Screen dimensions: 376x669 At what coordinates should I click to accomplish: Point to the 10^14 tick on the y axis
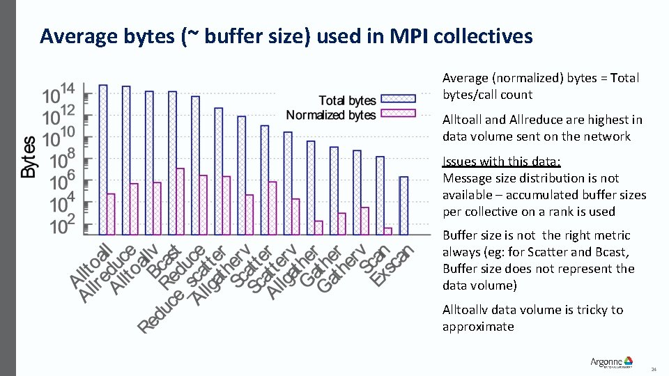pos(59,93)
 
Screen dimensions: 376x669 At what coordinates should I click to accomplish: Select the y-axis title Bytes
pos(29,157)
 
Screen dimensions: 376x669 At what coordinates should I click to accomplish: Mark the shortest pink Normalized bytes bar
pos(387,230)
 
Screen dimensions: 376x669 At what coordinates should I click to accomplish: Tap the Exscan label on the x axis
pos(393,264)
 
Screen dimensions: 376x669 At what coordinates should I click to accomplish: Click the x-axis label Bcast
pos(168,258)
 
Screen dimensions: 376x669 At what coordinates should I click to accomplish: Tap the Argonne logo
pos(611,362)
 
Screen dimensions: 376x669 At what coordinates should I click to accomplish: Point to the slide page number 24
pos(653,368)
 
